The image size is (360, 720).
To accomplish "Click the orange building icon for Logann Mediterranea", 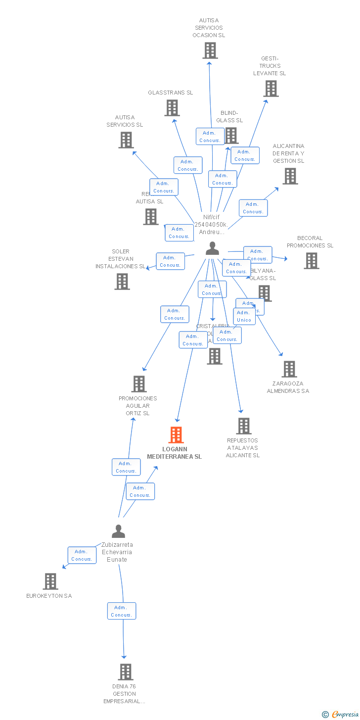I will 176,435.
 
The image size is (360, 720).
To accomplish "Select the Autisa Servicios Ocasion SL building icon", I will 210,50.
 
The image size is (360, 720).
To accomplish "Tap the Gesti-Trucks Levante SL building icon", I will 270,89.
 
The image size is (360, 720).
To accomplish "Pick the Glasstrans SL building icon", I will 172,108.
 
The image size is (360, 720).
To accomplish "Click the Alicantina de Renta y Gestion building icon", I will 290,176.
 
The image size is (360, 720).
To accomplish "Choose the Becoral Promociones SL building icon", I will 311,261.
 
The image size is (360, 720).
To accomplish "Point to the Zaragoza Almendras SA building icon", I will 289,369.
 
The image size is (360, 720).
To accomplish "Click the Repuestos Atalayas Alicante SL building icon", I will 243,426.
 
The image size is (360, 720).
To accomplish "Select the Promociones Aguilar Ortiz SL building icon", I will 138,384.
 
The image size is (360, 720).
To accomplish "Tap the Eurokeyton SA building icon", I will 50,581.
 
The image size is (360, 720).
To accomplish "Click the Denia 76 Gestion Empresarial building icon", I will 126,672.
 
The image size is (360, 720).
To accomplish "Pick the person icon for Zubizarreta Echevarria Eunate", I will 118,531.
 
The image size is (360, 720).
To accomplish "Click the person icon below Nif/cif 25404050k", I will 212,248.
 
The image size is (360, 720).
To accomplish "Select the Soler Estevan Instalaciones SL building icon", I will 122,282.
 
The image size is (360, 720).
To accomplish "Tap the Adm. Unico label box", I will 244,316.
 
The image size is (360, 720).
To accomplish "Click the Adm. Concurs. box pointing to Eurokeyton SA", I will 82,555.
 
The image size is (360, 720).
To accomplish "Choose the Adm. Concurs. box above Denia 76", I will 121,611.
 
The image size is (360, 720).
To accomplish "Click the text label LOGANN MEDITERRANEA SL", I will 174,453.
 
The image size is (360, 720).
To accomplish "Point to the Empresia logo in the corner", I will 340,714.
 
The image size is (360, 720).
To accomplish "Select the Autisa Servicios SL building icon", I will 126,140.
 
